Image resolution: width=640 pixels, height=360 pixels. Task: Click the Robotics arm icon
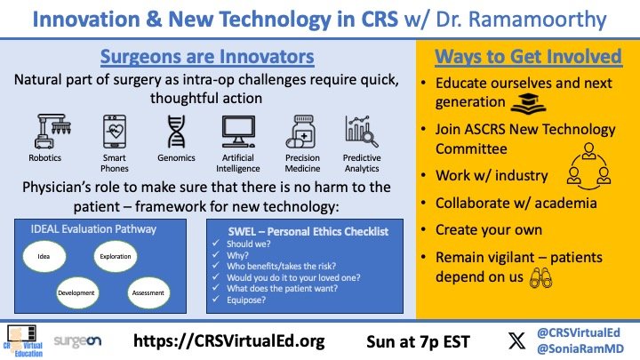52,131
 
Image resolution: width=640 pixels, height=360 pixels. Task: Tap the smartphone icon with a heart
115,131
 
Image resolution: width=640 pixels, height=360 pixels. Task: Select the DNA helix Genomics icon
176,131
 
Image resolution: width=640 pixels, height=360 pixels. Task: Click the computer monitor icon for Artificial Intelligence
238,131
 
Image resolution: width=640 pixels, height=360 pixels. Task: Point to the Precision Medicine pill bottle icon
300,131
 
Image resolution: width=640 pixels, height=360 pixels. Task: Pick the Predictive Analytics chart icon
362,131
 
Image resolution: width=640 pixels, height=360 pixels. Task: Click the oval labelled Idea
44,256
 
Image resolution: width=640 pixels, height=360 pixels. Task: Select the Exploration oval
116,256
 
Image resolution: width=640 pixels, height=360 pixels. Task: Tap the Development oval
77,292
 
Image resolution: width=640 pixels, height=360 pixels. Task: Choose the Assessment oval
148,292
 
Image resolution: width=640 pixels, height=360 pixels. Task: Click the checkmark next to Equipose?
216,300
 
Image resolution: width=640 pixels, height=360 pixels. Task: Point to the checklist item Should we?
249,244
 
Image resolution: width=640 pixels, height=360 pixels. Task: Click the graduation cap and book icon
528,103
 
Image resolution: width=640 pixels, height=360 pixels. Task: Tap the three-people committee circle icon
589,166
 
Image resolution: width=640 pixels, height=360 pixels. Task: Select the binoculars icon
540,278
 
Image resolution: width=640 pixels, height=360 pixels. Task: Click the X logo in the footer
516,340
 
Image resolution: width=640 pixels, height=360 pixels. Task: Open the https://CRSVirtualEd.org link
229,340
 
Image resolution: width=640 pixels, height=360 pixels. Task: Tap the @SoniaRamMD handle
580,348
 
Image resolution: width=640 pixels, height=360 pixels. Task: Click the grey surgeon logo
77,340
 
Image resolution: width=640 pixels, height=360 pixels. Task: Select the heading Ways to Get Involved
528,56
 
